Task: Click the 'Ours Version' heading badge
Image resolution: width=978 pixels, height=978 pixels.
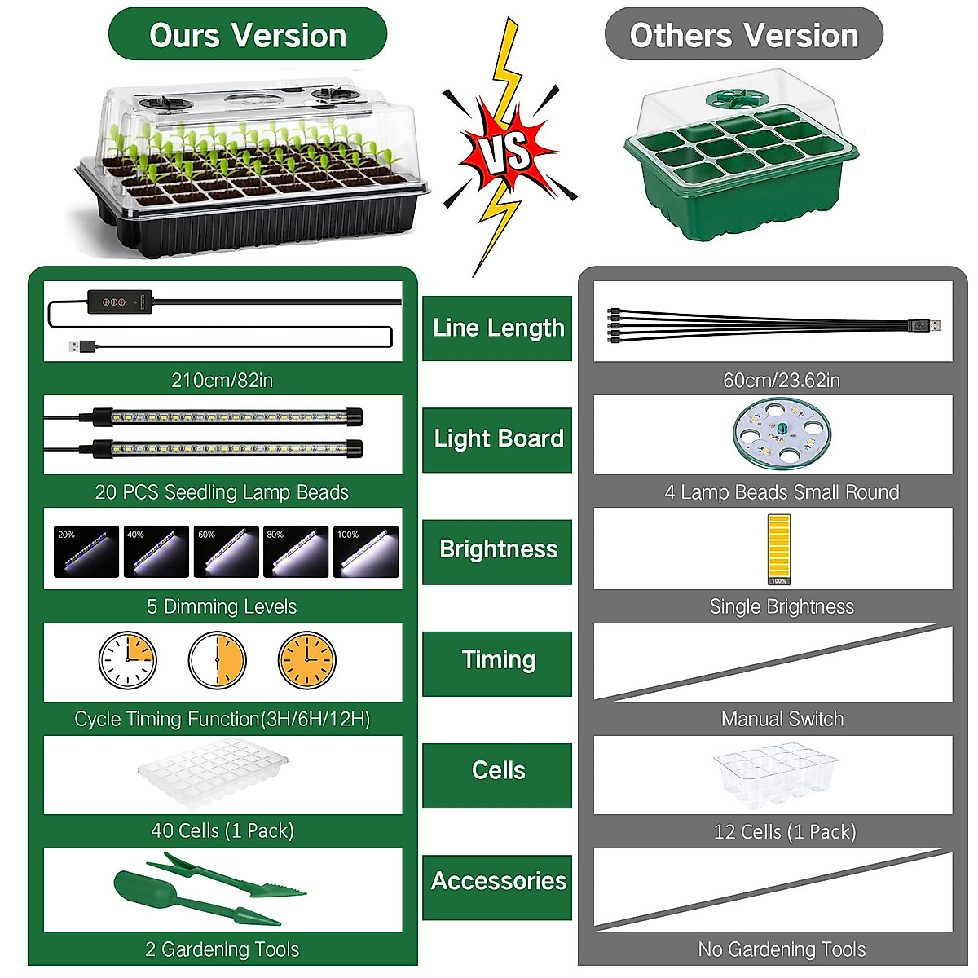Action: [x=247, y=35]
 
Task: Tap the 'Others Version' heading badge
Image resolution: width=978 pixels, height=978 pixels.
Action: [x=743, y=35]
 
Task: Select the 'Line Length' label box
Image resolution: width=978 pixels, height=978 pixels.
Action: [x=497, y=328]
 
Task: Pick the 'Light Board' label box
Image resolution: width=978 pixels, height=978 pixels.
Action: [x=497, y=439]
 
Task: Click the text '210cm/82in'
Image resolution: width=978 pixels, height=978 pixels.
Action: [x=222, y=380]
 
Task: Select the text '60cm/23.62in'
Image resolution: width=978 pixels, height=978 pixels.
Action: [x=781, y=380]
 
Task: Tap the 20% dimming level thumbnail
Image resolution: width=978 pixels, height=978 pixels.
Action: [x=86, y=552]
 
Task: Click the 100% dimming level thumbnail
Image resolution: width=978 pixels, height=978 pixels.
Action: [x=366, y=552]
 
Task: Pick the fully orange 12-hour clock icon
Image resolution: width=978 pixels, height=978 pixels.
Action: [x=306, y=660]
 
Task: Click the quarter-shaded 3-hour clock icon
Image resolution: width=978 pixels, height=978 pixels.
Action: [x=127, y=660]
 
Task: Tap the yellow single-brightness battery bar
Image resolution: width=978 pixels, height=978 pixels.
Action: [x=778, y=548]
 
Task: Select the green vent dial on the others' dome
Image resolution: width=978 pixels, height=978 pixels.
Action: [x=738, y=100]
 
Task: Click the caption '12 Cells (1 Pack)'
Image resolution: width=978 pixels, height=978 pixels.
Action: [x=784, y=832]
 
